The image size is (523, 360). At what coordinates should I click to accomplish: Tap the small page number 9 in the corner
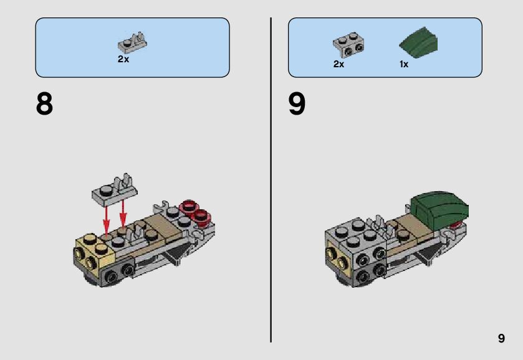501,339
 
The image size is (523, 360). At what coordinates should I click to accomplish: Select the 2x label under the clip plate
123,59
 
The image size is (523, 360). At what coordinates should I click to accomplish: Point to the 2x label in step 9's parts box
338,64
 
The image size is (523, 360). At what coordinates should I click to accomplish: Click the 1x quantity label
404,64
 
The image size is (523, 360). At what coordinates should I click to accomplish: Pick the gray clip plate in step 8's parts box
132,44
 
